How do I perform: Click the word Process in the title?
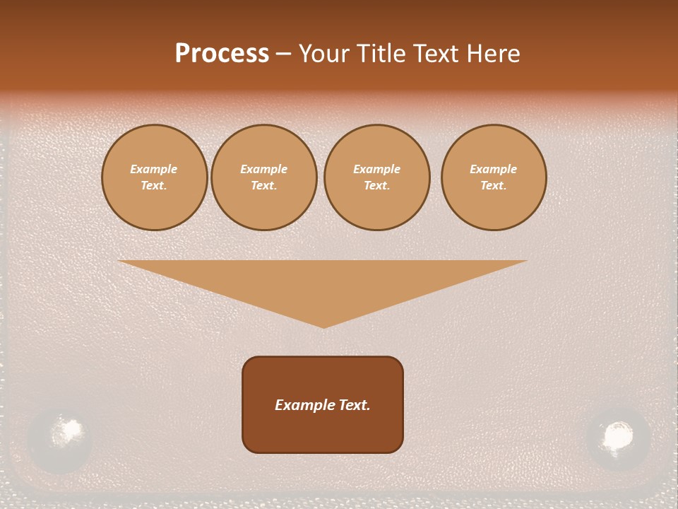(x=222, y=54)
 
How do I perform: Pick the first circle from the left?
(x=155, y=177)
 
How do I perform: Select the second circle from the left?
(x=264, y=177)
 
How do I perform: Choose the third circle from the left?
(x=377, y=177)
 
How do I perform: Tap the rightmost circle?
(x=494, y=177)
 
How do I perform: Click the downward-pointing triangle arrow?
(x=323, y=283)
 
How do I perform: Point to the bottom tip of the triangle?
(x=323, y=327)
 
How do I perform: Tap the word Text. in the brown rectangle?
(x=355, y=405)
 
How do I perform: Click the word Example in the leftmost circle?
(x=154, y=169)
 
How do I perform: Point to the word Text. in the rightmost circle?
(x=494, y=186)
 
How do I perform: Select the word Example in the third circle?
(x=377, y=169)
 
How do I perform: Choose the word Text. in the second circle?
(x=264, y=186)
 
